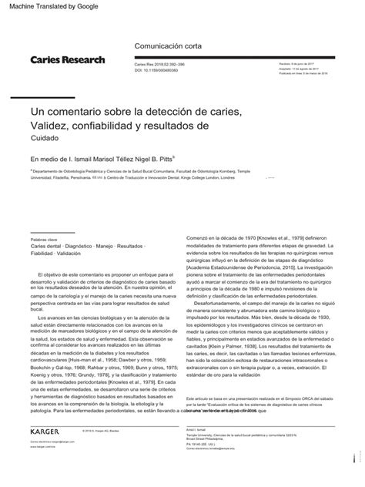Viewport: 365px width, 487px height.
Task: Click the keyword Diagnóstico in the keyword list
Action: tap(93, 247)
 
